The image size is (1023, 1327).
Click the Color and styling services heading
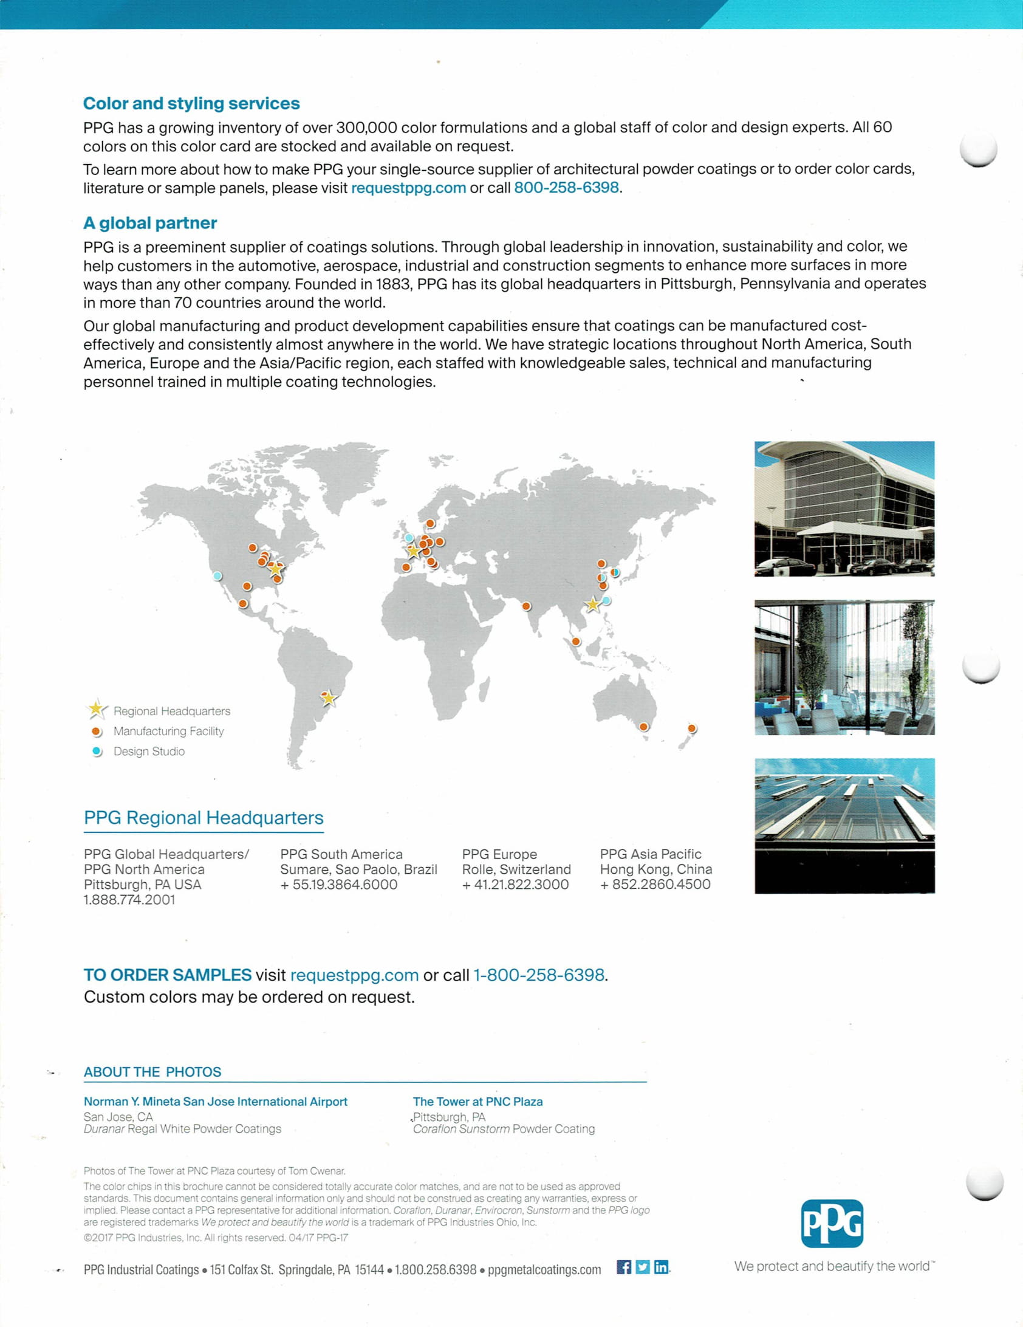(x=191, y=103)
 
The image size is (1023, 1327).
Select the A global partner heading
(x=149, y=223)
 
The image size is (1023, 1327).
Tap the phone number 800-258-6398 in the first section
(x=566, y=188)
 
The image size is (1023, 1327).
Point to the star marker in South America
(x=329, y=698)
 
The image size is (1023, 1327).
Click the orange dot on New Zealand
(x=691, y=728)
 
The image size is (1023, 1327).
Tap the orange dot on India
(x=527, y=606)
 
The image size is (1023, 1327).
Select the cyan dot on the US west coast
(x=217, y=576)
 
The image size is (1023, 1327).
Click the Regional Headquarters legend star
(x=96, y=709)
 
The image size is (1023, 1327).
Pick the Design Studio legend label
(x=149, y=752)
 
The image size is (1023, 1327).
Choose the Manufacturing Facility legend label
(x=168, y=731)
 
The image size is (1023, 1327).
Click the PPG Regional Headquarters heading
(x=204, y=818)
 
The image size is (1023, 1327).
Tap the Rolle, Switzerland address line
(x=516, y=869)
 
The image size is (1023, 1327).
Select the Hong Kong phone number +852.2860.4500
(x=655, y=885)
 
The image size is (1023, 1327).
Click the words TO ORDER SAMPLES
(x=168, y=975)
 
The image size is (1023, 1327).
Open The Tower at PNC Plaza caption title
(x=477, y=1102)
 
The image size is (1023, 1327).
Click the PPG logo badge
(x=832, y=1224)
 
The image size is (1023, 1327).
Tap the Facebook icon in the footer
(x=624, y=1267)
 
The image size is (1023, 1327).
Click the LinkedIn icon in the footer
(x=661, y=1267)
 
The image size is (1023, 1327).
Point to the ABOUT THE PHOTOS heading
(x=152, y=1072)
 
